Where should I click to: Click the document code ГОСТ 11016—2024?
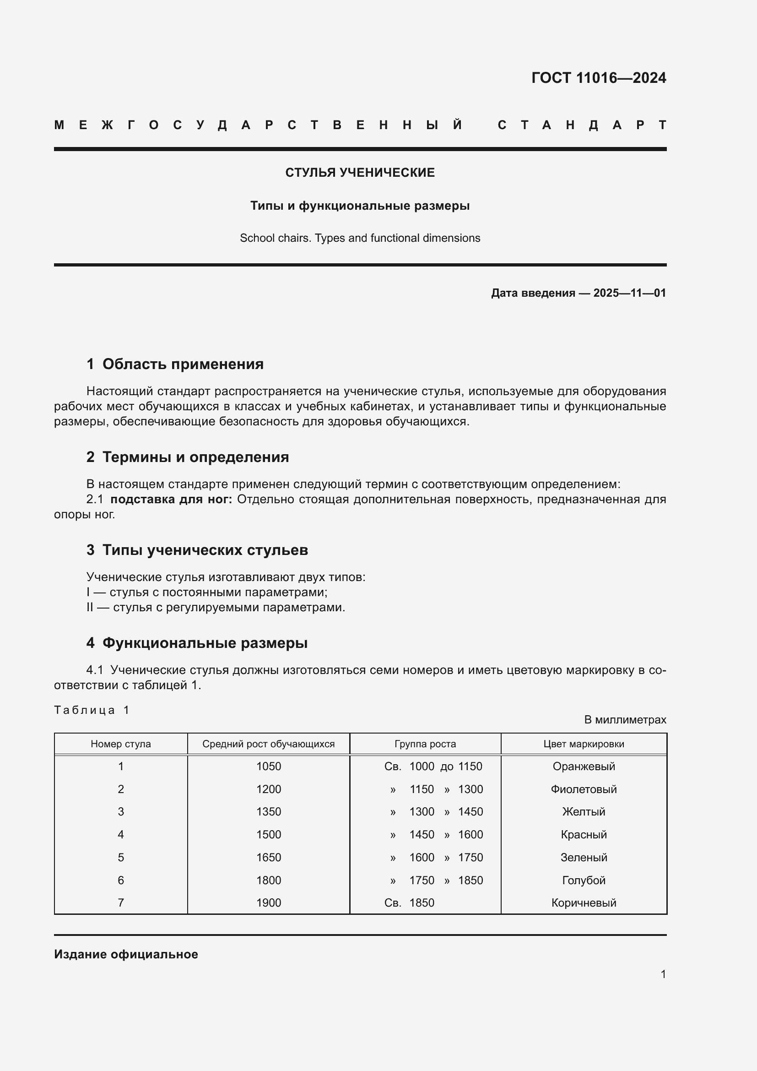coord(599,78)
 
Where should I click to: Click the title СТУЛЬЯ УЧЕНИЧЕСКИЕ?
coord(360,173)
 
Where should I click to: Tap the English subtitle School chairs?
coord(360,238)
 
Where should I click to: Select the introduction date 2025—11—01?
coord(629,293)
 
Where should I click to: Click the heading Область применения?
coord(183,364)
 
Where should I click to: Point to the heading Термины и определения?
coord(195,457)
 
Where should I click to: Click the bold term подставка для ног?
coord(171,499)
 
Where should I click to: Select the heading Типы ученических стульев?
coord(205,549)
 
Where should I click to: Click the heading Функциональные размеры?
coord(205,643)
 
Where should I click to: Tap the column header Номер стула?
coord(121,744)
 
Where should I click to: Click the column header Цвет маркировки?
coord(584,744)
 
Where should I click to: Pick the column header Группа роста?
coord(425,744)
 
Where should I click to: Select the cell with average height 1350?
coord(269,812)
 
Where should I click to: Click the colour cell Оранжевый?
coord(584,767)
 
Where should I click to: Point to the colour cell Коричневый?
coord(584,902)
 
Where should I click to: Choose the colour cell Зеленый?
coord(584,857)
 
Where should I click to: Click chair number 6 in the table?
coord(121,880)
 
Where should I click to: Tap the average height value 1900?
coord(269,902)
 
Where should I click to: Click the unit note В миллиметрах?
coord(625,720)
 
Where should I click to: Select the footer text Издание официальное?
coord(126,954)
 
